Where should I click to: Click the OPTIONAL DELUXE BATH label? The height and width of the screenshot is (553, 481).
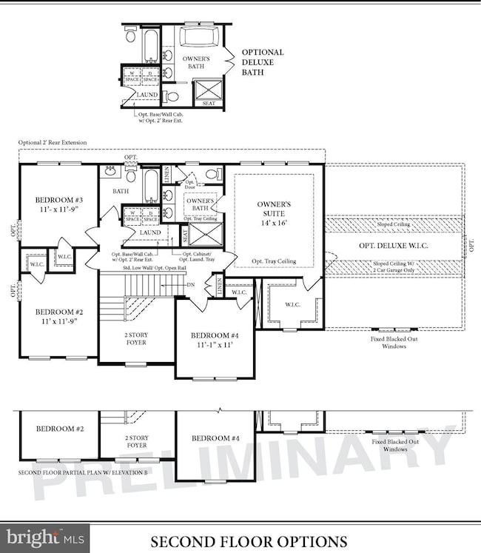(263, 63)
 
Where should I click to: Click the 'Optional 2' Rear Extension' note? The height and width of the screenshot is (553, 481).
(53, 142)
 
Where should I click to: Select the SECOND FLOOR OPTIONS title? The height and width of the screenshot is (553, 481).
(249, 541)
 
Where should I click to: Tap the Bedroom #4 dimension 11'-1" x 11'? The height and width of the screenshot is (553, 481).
(214, 345)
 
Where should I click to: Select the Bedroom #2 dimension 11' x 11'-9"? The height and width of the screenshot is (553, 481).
(59, 323)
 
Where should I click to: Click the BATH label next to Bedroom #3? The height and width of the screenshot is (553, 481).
(121, 191)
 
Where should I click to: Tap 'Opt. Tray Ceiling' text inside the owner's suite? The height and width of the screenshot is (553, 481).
(274, 262)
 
